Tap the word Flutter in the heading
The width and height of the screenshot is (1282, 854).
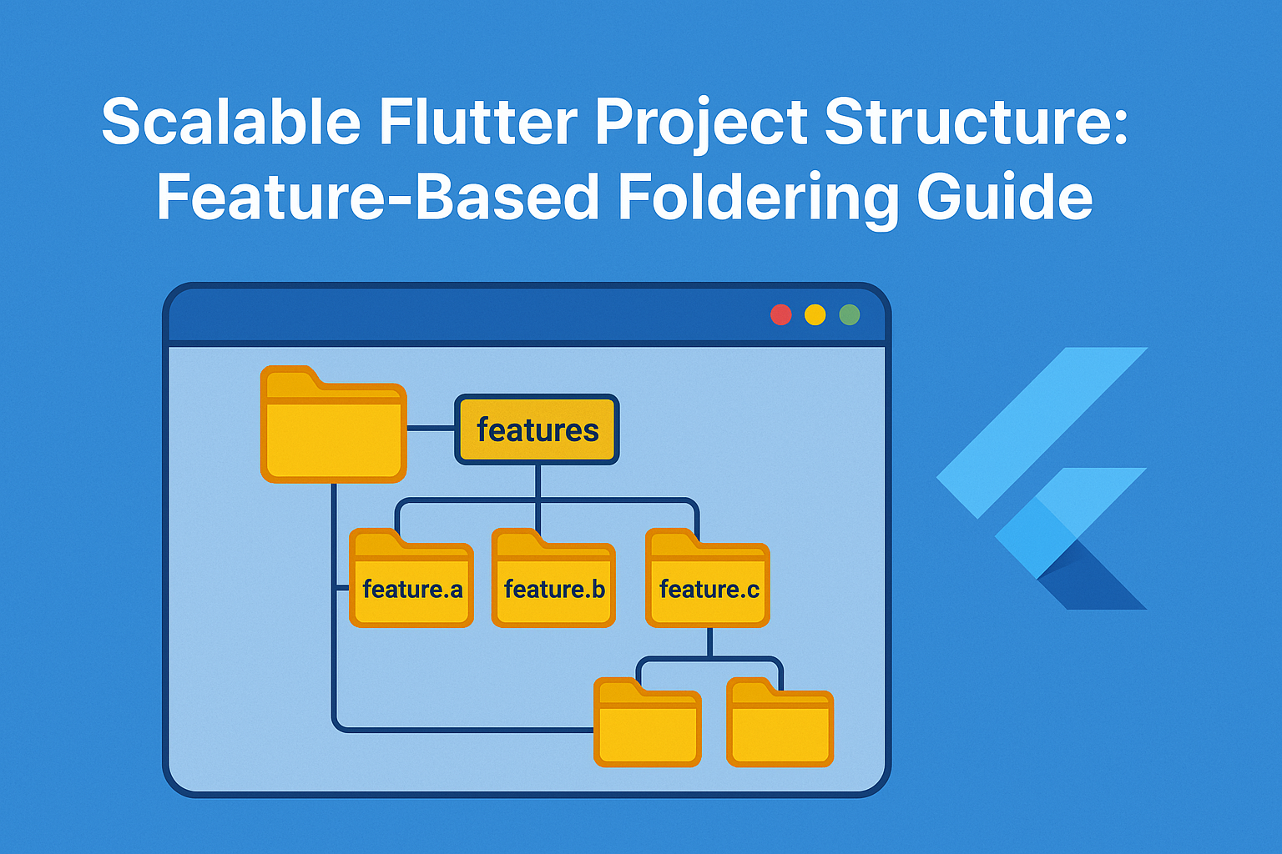pyautogui.click(x=477, y=122)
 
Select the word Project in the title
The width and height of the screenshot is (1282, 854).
pyautogui.click(x=701, y=123)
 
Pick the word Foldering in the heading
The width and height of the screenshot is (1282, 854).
pyautogui.click(x=758, y=198)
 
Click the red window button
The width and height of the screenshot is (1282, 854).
pyautogui.click(x=781, y=314)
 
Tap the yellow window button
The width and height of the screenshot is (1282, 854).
pyautogui.click(x=815, y=314)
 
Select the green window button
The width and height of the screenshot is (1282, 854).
pyautogui.click(x=850, y=314)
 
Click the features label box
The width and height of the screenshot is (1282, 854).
pyautogui.click(x=537, y=430)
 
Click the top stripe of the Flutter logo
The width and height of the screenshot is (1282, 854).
pyautogui.click(x=1043, y=430)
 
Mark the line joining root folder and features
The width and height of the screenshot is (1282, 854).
pyautogui.click(x=431, y=428)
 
